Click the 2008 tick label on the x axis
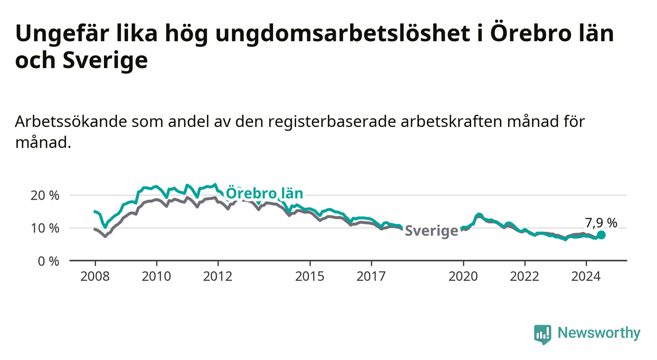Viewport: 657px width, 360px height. [95, 277]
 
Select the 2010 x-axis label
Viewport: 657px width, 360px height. [156, 277]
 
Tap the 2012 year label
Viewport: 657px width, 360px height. [218, 277]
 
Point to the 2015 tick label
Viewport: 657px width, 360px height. [310, 277]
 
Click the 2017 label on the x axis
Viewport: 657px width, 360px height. [371, 277]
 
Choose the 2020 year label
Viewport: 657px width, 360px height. [463, 277]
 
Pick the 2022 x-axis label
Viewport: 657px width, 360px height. [525, 277]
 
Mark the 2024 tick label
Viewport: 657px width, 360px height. [586, 277]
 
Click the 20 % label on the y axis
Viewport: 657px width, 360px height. [45, 195]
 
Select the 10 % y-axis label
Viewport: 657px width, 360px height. [45, 228]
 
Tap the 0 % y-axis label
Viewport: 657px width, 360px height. [49, 261]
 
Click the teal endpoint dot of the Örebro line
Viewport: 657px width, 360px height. [601, 235]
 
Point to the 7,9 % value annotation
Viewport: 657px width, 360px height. [601, 223]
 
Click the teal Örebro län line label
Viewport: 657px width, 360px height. [264, 193]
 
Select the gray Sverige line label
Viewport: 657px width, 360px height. [431, 231]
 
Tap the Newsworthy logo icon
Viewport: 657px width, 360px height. [543, 334]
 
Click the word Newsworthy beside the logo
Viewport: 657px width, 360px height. [599, 333]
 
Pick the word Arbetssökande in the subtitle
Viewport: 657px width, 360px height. [71, 122]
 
